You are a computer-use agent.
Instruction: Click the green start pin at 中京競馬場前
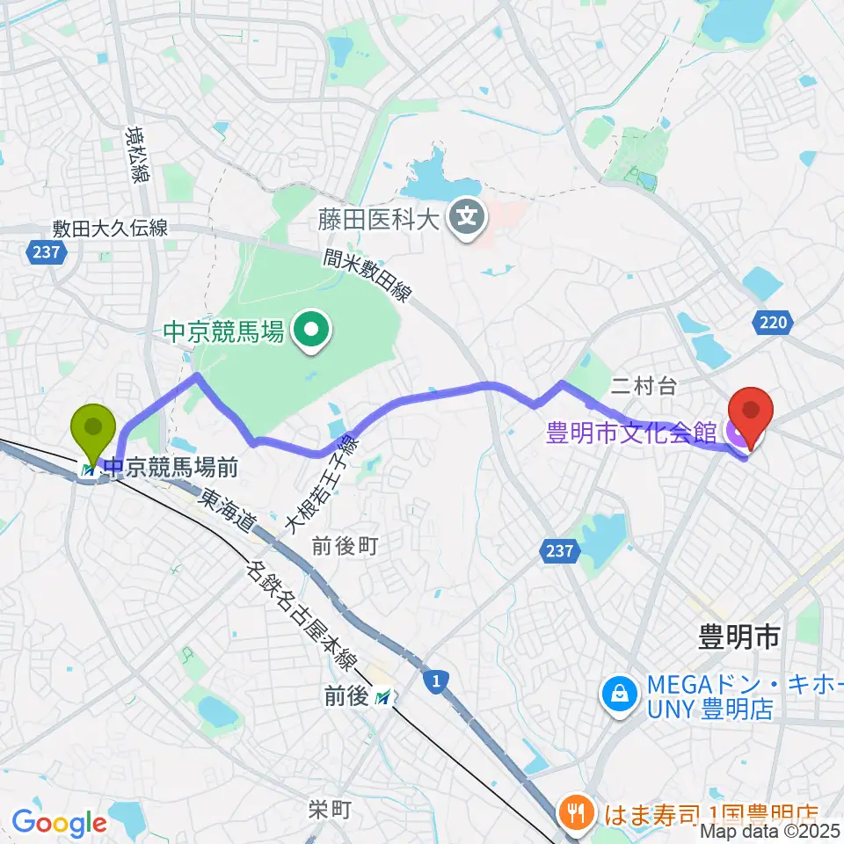[x=98, y=429]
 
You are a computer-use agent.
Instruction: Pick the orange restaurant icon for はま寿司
[x=577, y=812]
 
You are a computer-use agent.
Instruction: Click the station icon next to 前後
[x=382, y=697]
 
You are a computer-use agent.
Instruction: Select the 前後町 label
[x=345, y=547]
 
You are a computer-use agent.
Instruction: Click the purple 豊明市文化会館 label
[x=631, y=433]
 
